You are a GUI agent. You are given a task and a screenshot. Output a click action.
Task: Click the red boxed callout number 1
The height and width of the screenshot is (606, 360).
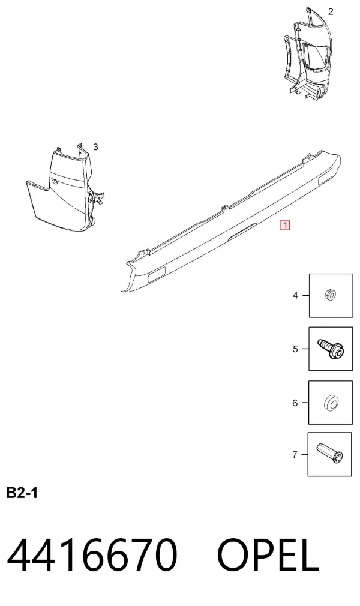pyautogui.click(x=285, y=225)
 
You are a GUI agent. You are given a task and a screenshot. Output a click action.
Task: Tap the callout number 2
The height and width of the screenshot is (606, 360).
pyautogui.click(x=330, y=11)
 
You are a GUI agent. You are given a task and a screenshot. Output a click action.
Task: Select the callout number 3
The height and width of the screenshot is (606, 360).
pyautogui.click(x=95, y=147)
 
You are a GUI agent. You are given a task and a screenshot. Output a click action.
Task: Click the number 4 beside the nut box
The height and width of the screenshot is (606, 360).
pyautogui.click(x=295, y=296)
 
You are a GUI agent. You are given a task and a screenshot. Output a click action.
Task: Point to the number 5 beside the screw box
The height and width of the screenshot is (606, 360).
pyautogui.click(x=295, y=349)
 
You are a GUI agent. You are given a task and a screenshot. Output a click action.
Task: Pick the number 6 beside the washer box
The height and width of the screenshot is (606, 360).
pyautogui.click(x=295, y=403)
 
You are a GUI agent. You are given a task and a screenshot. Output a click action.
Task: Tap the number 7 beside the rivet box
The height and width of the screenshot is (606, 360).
pyautogui.click(x=295, y=455)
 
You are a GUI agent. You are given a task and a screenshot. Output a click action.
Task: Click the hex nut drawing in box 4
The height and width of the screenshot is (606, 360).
pyautogui.click(x=330, y=295)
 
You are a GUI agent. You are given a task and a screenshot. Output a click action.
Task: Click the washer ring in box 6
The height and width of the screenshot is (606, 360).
pyautogui.click(x=330, y=403)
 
